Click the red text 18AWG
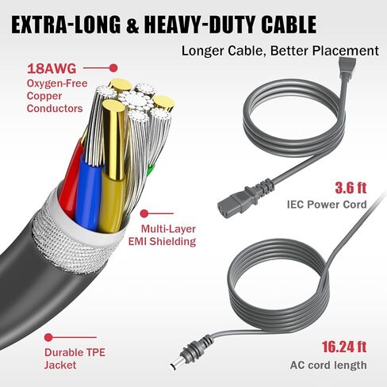52,69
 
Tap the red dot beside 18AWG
113,68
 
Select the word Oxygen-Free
57,83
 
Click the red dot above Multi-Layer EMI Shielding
144,213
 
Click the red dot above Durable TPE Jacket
48,337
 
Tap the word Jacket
60,365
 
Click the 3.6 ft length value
351,188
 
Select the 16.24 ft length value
344,347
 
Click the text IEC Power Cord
327,205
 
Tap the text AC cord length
328,366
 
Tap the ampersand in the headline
132,25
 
